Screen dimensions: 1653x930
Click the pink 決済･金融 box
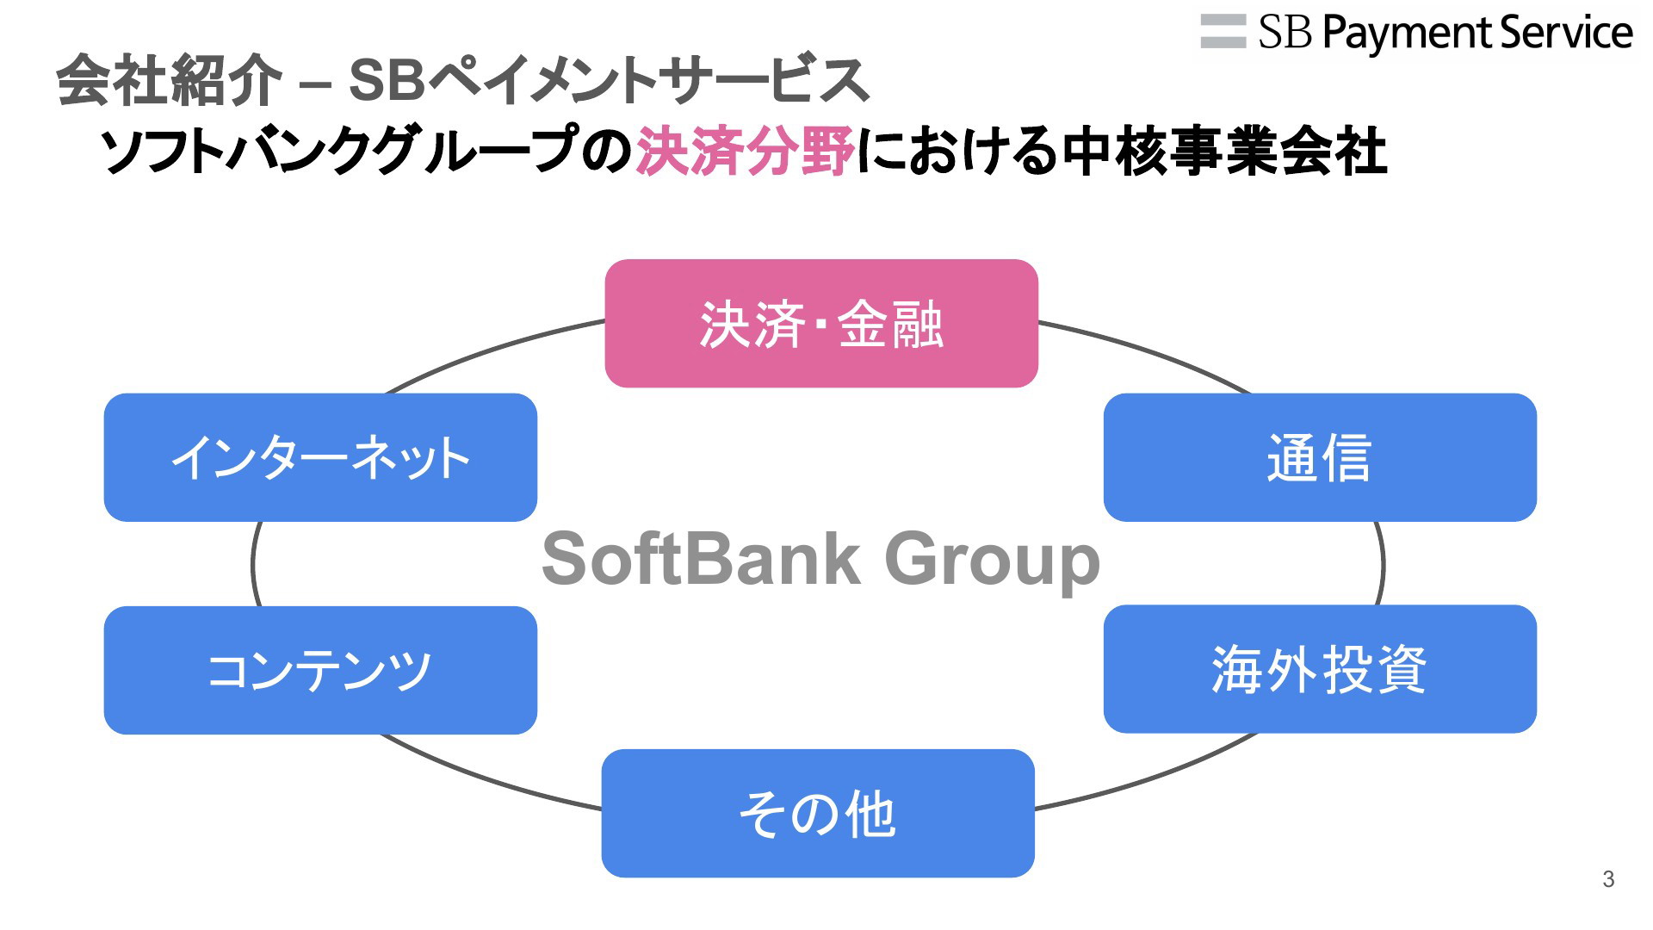821,323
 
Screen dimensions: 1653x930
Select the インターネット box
320,457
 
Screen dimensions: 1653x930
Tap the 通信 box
1320,457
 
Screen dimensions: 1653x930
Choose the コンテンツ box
320,670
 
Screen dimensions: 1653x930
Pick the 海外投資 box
1320,669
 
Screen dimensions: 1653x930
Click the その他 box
818,813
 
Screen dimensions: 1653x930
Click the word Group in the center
993,561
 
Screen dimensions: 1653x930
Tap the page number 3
1608,879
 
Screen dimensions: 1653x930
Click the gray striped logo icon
1223,32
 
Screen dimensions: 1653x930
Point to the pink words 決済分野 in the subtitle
745,152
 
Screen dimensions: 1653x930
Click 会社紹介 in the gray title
169,80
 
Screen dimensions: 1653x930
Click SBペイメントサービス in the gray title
609,80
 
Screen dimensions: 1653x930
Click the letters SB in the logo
1285,33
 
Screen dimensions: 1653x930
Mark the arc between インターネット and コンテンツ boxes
253,564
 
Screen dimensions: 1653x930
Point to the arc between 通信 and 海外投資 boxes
1383,564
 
